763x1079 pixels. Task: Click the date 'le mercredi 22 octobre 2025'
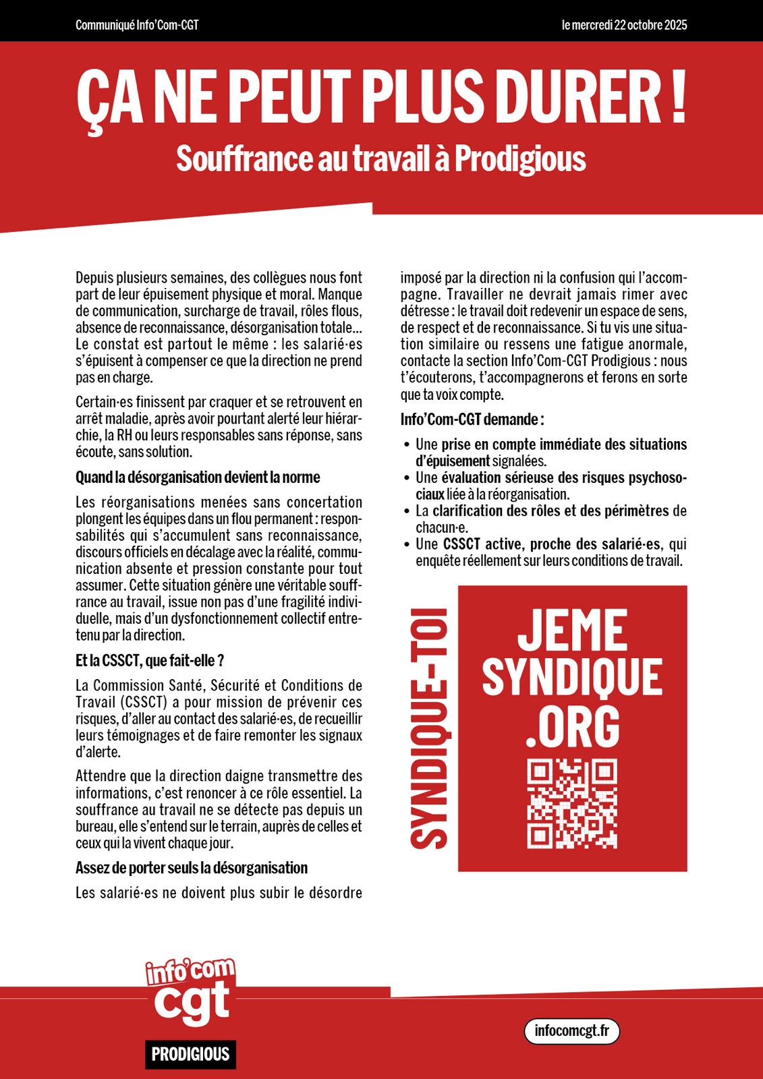coord(624,26)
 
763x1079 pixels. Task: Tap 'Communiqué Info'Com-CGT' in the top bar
coord(137,26)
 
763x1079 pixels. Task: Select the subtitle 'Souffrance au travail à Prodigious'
coord(381,159)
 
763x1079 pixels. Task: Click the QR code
coord(572,804)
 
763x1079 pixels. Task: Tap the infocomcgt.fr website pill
coord(571,1030)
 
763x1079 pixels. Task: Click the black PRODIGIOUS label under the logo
coord(190,1054)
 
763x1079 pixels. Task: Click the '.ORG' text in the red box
coord(572,727)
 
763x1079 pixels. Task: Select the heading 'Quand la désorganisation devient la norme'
coord(198,477)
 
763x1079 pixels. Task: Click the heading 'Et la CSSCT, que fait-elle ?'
coord(150,661)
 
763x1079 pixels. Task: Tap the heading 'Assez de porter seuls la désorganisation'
coord(192,868)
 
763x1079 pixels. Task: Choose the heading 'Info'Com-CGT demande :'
coord(472,419)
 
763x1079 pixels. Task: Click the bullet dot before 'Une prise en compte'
coord(407,444)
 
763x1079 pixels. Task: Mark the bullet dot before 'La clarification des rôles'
coord(407,511)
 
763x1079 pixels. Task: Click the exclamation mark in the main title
coord(678,98)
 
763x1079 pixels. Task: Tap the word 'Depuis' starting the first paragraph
coord(93,278)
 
